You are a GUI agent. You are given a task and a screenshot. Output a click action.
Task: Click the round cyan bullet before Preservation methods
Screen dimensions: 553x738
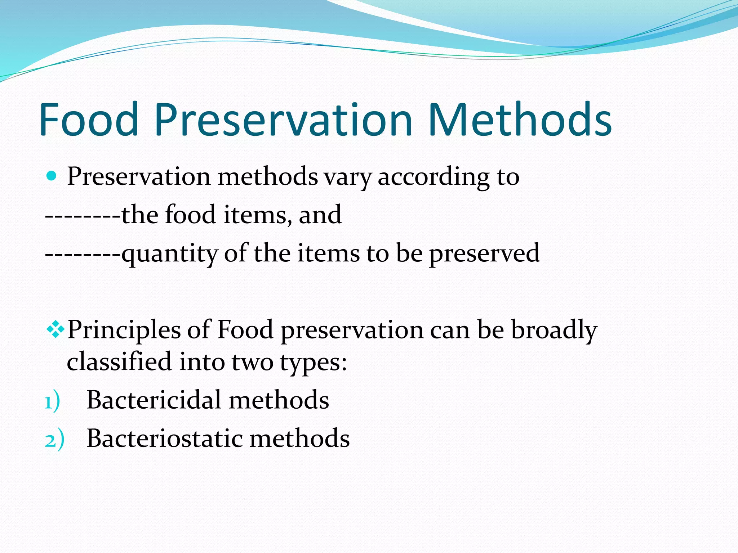(x=52, y=176)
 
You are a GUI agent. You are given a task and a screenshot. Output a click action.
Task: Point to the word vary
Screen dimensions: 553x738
(x=347, y=177)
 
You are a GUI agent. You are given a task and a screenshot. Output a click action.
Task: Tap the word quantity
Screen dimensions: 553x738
(x=169, y=254)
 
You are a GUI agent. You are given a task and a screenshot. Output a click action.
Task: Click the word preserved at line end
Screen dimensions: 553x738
(x=484, y=254)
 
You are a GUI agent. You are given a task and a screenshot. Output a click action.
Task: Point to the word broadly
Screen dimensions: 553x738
(x=554, y=331)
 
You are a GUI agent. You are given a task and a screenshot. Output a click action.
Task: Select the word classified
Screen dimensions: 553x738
(x=119, y=361)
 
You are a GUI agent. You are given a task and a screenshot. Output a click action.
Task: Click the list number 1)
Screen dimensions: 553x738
(x=52, y=402)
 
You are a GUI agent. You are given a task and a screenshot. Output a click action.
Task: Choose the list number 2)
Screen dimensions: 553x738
(x=54, y=440)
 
